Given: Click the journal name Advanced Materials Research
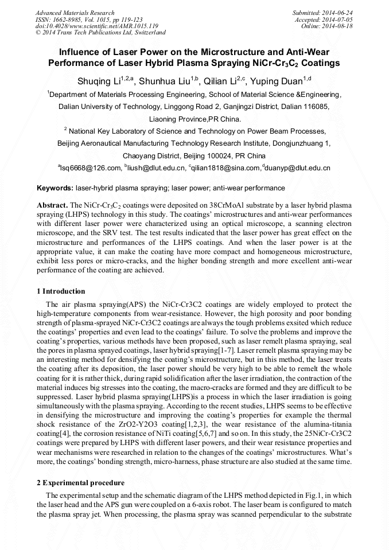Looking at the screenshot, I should pyautogui.click(x=75, y=13).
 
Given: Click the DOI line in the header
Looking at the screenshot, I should pyautogui.click(x=97, y=26).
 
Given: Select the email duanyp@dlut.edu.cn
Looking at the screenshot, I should pyautogui.click(x=298, y=168).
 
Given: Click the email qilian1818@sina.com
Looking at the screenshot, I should pyautogui.click(x=225, y=168).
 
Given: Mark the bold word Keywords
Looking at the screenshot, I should pyautogui.click(x=55, y=188).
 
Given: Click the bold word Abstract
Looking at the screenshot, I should pyautogui.click(x=52, y=205).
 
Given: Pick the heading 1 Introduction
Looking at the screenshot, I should pyautogui.click(x=60, y=291).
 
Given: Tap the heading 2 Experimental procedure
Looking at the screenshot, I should pyautogui.click(x=80, y=483).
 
